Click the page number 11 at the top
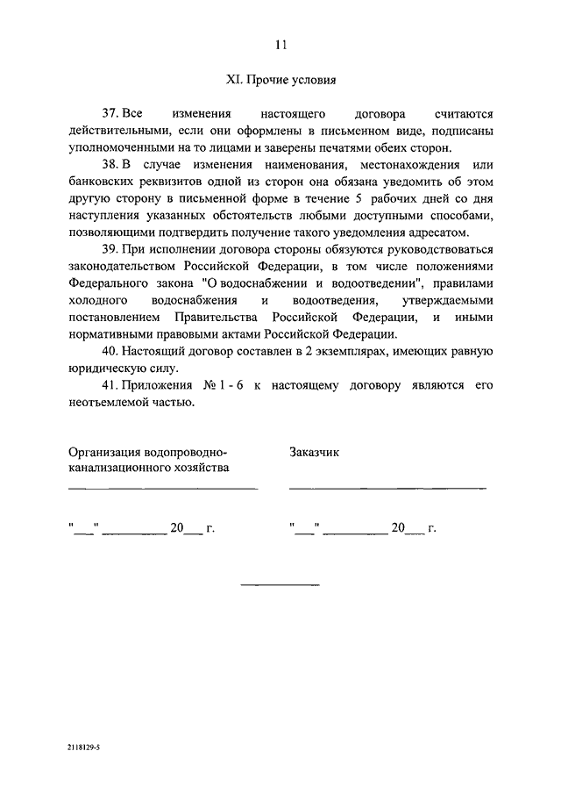(x=280, y=45)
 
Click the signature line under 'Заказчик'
(x=387, y=488)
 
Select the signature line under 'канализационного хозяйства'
(x=163, y=488)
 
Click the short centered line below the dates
(x=280, y=584)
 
